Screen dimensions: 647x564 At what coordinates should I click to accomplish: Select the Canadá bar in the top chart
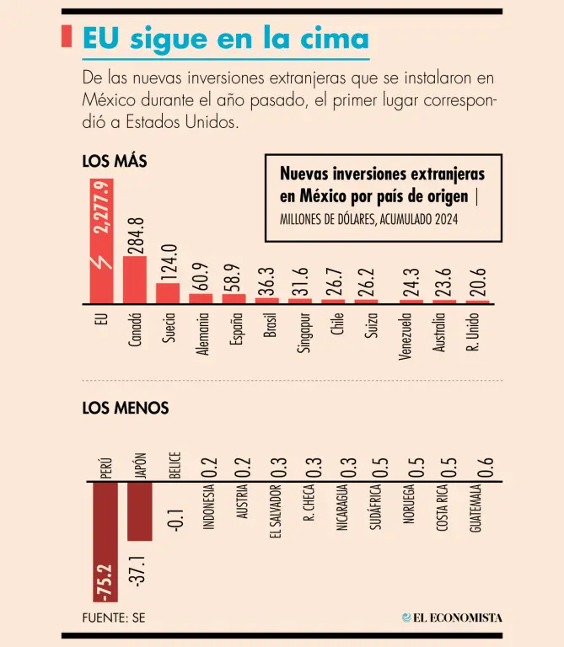pyautogui.click(x=135, y=279)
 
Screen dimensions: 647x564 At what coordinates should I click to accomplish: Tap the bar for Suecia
pyautogui.click(x=168, y=292)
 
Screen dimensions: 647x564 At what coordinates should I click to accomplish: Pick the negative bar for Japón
pyautogui.click(x=140, y=511)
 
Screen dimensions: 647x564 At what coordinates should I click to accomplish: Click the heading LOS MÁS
pyautogui.click(x=115, y=162)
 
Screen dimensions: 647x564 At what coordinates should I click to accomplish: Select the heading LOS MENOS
pyautogui.click(x=126, y=408)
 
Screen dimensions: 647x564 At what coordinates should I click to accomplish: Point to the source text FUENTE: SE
pyautogui.click(x=114, y=618)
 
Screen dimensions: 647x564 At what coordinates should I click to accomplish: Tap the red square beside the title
pyautogui.click(x=67, y=37)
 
